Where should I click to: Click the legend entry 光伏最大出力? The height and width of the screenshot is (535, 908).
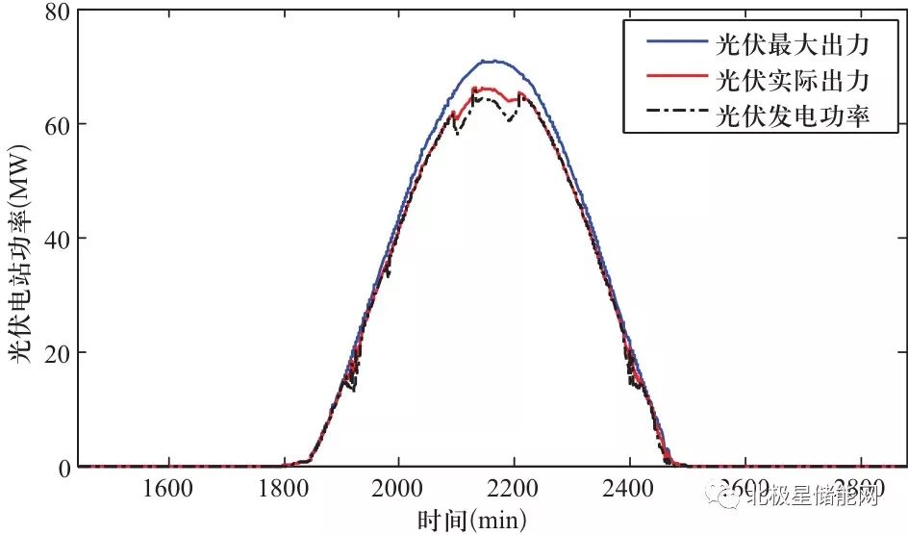coord(794,44)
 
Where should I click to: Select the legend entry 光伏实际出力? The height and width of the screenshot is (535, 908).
coord(794,81)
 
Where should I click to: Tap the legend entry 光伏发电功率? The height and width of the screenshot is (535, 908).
coord(794,117)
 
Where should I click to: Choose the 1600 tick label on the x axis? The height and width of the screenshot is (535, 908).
coord(168,488)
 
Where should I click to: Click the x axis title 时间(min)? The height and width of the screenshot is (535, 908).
coord(471,520)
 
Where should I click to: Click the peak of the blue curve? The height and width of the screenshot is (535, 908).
coord(492,61)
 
